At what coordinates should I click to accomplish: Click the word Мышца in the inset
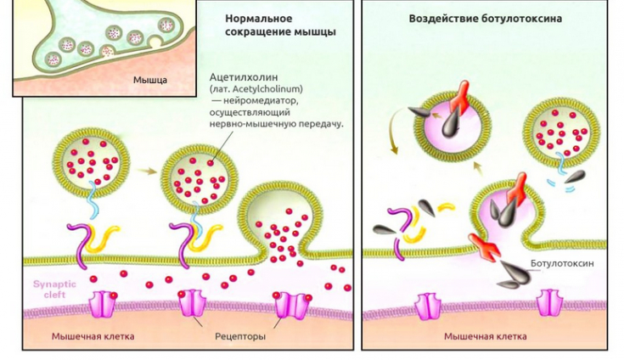point(149,81)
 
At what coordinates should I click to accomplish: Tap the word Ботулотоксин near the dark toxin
point(561,264)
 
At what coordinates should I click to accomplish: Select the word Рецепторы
point(241,337)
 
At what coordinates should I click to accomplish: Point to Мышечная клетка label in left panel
point(93,337)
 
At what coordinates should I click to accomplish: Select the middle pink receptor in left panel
point(191,303)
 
